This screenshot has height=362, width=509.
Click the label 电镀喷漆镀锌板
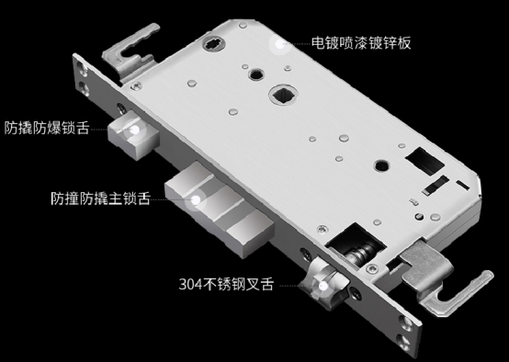(361, 42)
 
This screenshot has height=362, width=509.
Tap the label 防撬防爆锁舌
(47, 128)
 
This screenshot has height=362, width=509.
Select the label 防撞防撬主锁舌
(101, 198)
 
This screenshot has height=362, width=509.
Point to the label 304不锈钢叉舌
(226, 284)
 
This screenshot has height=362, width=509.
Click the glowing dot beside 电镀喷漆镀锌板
(279, 44)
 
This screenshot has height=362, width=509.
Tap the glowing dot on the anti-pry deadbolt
(135, 130)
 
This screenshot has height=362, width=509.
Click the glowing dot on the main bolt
(196, 200)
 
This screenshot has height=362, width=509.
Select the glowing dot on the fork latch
(323, 286)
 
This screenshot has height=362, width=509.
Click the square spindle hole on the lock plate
(283, 95)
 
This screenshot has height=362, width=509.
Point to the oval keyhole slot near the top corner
(214, 43)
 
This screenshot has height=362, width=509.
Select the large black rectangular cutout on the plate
(424, 161)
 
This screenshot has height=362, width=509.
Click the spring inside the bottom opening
(361, 252)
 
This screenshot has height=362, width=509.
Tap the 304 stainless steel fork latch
(326, 282)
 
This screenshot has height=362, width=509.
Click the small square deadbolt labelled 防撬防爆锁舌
(134, 135)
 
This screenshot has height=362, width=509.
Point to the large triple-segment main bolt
(220, 209)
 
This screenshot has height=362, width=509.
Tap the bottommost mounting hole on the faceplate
(404, 342)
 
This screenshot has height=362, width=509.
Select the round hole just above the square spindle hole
(256, 74)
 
